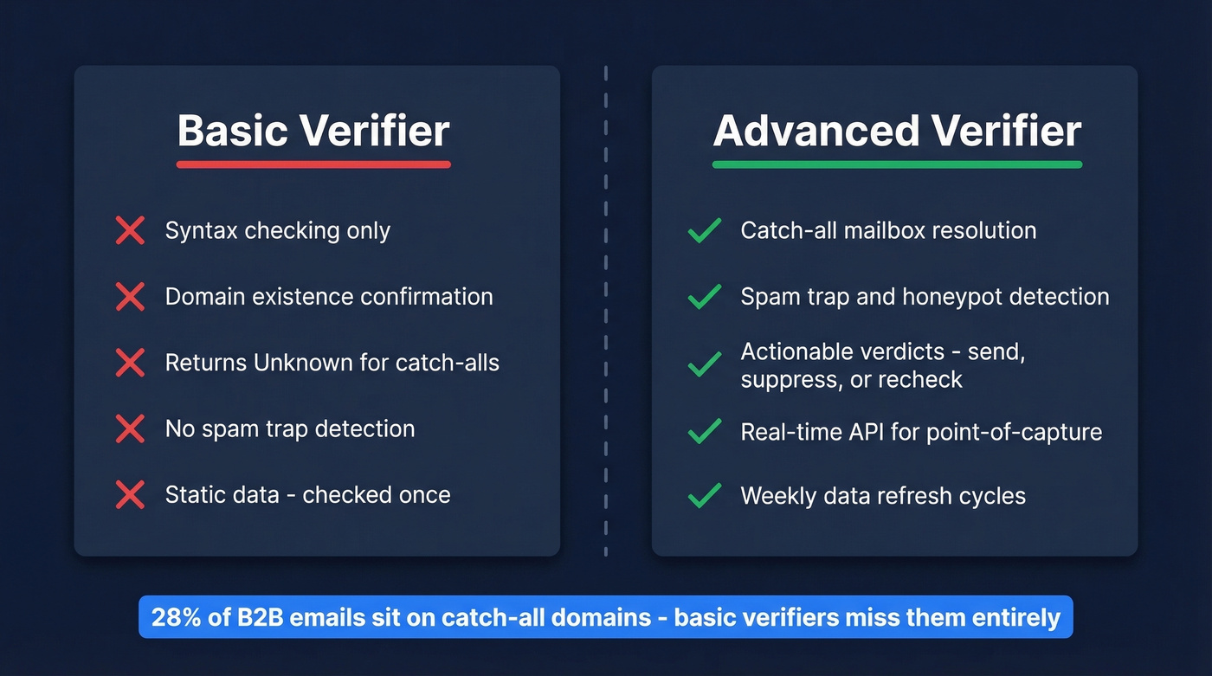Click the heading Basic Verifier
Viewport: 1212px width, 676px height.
pyautogui.click(x=313, y=132)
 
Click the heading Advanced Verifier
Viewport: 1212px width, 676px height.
pyautogui.click(x=897, y=132)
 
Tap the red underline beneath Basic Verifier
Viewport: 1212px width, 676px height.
pyautogui.click(x=313, y=164)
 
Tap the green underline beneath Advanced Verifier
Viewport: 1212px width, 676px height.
pyautogui.click(x=897, y=164)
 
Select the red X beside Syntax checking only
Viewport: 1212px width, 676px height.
pyautogui.click(x=130, y=231)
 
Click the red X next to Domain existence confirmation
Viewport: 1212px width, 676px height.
pyautogui.click(x=130, y=297)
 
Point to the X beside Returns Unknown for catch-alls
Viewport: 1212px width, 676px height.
pyautogui.click(x=130, y=363)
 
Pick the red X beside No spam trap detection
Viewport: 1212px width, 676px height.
pyautogui.click(x=130, y=429)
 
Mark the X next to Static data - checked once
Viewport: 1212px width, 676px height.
pyautogui.click(x=130, y=495)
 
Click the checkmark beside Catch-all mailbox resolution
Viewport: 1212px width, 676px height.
pyautogui.click(x=705, y=231)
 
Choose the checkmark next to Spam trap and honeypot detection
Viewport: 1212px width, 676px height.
pyautogui.click(x=705, y=297)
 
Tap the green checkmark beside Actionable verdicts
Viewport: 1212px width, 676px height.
pyautogui.click(x=705, y=364)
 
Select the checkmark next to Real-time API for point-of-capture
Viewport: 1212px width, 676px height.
pyautogui.click(x=705, y=431)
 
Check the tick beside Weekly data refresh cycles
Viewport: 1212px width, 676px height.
pyautogui.click(x=705, y=496)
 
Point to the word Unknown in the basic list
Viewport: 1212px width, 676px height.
pyautogui.click(x=304, y=363)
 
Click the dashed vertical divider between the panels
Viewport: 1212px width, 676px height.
pyautogui.click(x=606, y=312)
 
